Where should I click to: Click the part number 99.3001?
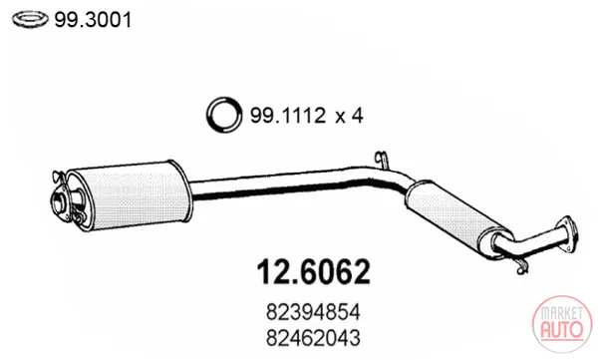pyautogui.click(x=93, y=20)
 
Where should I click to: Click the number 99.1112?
pyautogui.click(x=288, y=115)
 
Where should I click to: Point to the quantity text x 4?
pyautogui.click(x=350, y=115)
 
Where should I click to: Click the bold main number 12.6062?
pyautogui.click(x=314, y=272)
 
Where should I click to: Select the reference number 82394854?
pyautogui.click(x=313, y=312)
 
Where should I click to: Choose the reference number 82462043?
pyautogui.click(x=313, y=338)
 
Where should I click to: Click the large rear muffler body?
pyautogui.click(x=130, y=195)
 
